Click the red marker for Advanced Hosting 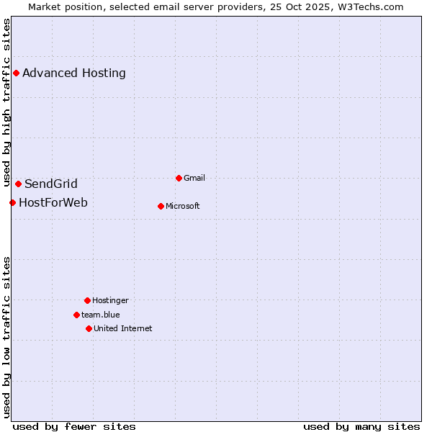(x=16, y=73)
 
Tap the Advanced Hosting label (x=74, y=73)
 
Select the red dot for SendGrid (x=18, y=184)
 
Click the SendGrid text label (x=51, y=184)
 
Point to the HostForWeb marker (x=12, y=202)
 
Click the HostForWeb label (x=53, y=202)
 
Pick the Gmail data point (x=179, y=178)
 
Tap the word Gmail (x=194, y=178)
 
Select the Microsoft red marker (x=161, y=206)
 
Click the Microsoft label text (x=183, y=206)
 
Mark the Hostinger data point (x=87, y=300)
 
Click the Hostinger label (x=110, y=300)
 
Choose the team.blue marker (x=76, y=315)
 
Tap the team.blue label (x=101, y=315)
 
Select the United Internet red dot (x=89, y=328)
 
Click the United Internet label (x=123, y=328)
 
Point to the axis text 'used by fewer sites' (x=74, y=426)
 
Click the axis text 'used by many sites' (x=361, y=426)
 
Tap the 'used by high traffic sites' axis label (x=7, y=103)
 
